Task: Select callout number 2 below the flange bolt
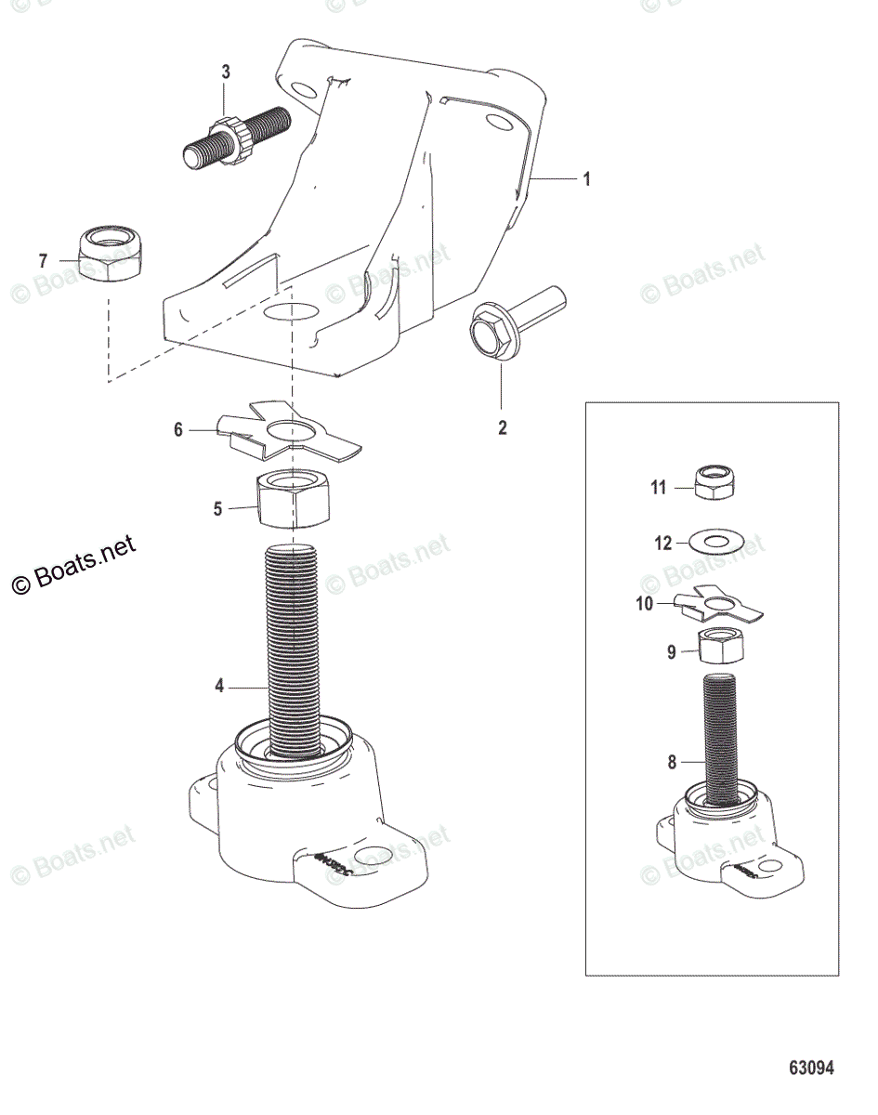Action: pyautogui.click(x=503, y=430)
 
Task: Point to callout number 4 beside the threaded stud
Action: pyautogui.click(x=219, y=687)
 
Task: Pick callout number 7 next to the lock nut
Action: pyautogui.click(x=43, y=261)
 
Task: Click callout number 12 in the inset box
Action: pyautogui.click(x=662, y=544)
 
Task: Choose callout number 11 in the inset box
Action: pyautogui.click(x=659, y=487)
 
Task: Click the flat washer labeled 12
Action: pyautogui.click(x=714, y=540)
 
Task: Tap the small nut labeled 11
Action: pyautogui.click(x=717, y=479)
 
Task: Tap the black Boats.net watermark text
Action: pyautogui.click(x=74, y=565)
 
